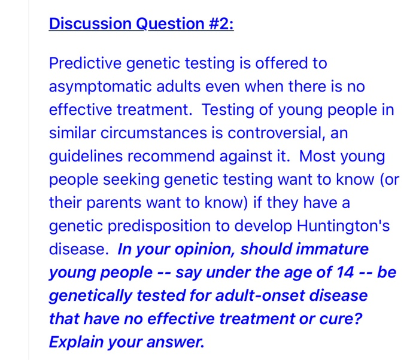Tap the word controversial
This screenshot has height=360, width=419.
(x=277, y=134)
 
